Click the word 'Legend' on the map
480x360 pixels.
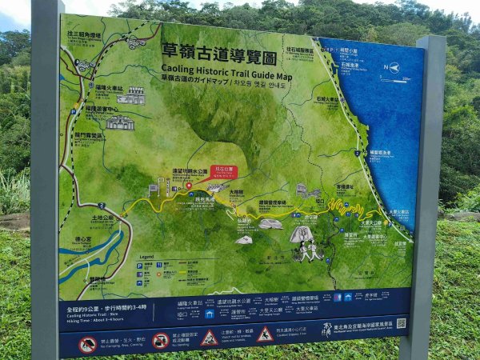pos(146,256)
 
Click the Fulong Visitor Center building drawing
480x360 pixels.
pos(120,122)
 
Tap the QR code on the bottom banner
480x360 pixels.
pos(400,324)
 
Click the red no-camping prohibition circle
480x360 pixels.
pos(87,345)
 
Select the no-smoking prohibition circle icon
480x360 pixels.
pos(161,341)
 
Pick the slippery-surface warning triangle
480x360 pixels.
pos(265,334)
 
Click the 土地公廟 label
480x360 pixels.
pos(101,217)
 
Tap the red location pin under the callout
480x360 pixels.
pos(190,185)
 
